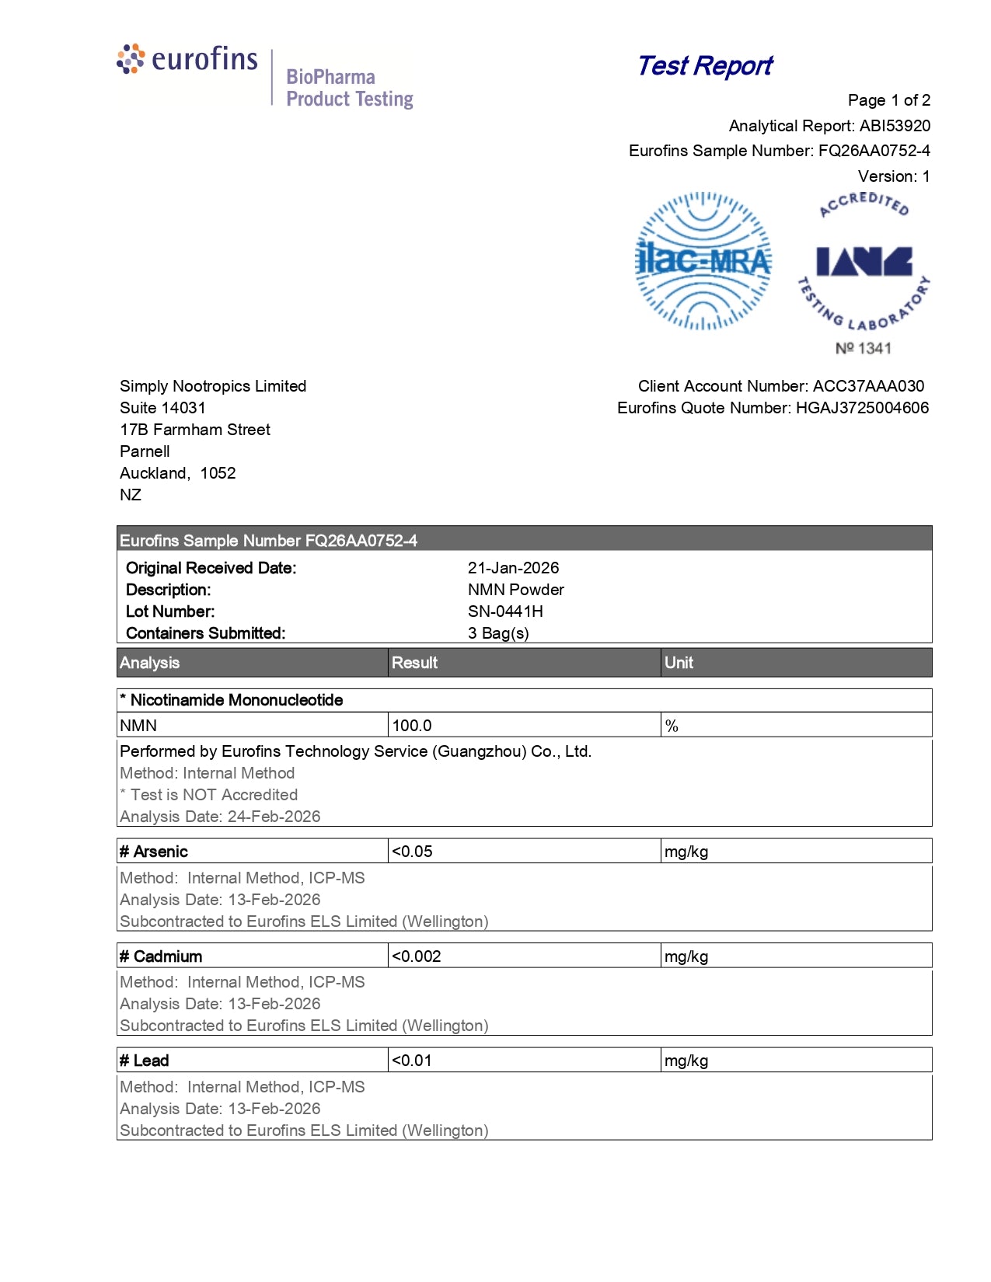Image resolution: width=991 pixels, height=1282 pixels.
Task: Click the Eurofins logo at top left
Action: (x=187, y=59)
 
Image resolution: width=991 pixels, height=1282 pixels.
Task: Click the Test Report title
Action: (x=704, y=66)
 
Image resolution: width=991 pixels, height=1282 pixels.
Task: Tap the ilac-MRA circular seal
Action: (x=703, y=261)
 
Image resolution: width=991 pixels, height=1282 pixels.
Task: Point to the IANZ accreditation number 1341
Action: (x=864, y=348)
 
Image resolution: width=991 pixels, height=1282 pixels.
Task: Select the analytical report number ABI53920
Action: (x=895, y=126)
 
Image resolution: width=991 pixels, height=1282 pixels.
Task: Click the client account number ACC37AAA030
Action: (x=868, y=386)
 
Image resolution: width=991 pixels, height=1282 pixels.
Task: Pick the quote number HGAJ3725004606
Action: (x=862, y=408)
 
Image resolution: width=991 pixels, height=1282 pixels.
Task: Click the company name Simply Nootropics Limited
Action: (x=213, y=386)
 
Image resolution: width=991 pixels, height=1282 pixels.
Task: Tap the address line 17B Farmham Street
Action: (x=195, y=430)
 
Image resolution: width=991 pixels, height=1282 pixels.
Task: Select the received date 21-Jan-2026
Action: (x=513, y=568)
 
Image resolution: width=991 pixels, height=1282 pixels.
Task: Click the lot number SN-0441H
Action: (x=505, y=611)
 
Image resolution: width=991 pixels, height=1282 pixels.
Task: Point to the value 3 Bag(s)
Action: (x=498, y=633)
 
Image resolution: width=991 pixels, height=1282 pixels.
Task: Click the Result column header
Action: (x=414, y=663)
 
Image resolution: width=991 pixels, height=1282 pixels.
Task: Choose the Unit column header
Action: (x=679, y=663)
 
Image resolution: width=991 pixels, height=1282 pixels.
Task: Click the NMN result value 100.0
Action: (x=412, y=726)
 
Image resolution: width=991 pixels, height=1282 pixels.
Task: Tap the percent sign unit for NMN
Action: (x=672, y=726)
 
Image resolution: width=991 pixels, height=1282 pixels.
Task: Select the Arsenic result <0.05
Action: (x=412, y=852)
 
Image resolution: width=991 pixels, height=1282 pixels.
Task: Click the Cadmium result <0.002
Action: (x=416, y=956)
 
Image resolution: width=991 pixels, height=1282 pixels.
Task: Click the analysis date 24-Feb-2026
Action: (x=274, y=817)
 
